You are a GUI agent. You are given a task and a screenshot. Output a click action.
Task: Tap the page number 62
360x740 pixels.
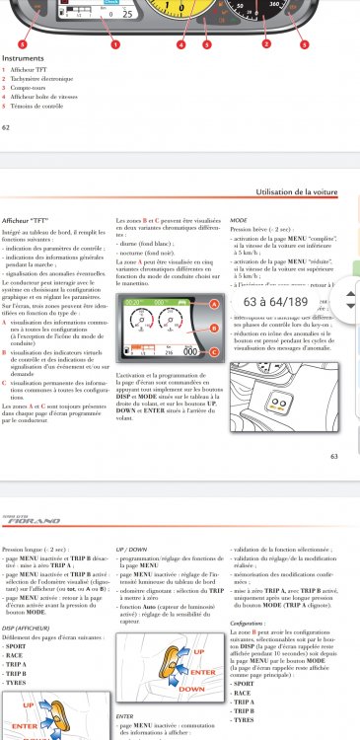pyautogui.click(x=7, y=126)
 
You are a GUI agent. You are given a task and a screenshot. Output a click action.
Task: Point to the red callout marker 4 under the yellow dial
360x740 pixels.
pyautogui.click(x=180, y=45)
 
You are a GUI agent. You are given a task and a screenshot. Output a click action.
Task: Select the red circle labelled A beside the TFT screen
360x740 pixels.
pyautogui.click(x=212, y=278)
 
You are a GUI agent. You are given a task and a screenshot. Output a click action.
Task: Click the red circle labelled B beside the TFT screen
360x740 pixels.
pyautogui.click(x=212, y=314)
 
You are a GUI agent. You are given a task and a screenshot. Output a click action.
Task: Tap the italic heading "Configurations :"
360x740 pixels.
pyautogui.click(x=251, y=623)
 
